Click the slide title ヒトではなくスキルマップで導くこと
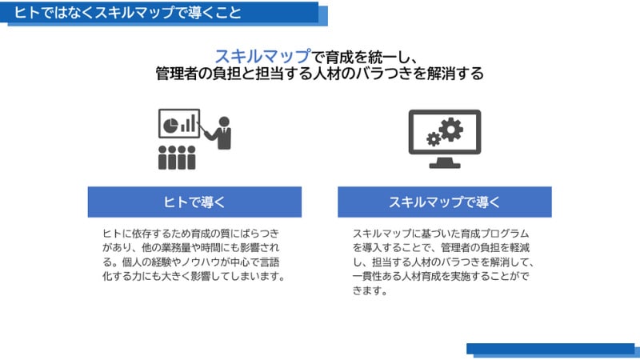[x=128, y=13]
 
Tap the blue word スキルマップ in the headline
[x=263, y=57]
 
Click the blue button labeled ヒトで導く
[x=194, y=202]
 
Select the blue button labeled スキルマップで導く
[x=445, y=202]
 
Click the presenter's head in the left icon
[x=224, y=122]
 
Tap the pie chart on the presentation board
[x=170, y=126]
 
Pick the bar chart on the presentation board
[x=188, y=124]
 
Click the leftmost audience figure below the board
[x=162, y=158]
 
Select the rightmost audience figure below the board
[x=191, y=158]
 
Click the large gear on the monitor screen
[x=451, y=130]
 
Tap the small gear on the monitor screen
[x=434, y=139]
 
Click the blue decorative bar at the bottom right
[x=553, y=350]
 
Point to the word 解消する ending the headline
[x=455, y=74]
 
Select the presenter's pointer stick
[x=202, y=128]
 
